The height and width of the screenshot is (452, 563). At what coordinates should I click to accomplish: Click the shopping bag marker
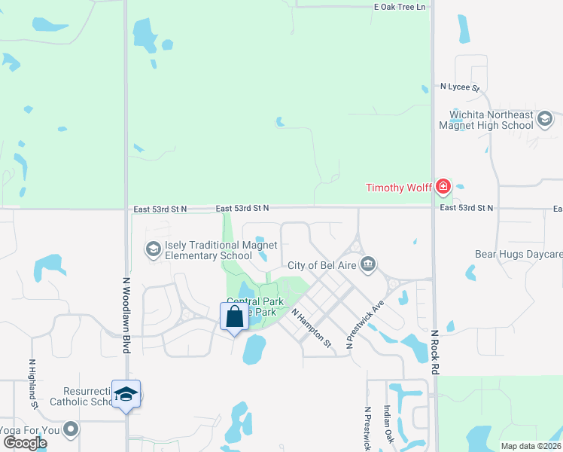click(234, 316)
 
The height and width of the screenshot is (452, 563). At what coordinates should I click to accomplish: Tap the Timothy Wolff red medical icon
click(443, 186)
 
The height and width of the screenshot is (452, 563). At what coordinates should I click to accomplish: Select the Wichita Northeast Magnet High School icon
click(544, 118)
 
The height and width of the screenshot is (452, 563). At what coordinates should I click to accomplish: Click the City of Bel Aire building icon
click(367, 264)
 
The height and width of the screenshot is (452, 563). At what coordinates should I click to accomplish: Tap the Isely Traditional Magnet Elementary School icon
click(153, 249)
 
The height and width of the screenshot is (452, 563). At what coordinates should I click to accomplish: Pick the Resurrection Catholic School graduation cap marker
click(126, 394)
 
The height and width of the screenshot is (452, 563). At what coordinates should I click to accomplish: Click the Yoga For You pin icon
click(71, 429)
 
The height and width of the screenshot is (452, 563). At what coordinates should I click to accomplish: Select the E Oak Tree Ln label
click(400, 7)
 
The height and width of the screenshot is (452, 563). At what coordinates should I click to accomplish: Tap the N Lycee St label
click(460, 87)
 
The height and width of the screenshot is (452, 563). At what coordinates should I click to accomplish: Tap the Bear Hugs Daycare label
click(518, 255)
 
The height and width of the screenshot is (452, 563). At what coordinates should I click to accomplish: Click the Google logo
click(25, 443)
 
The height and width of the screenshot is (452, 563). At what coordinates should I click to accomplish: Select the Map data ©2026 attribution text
click(530, 446)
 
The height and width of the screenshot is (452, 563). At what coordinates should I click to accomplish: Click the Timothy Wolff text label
click(398, 188)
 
